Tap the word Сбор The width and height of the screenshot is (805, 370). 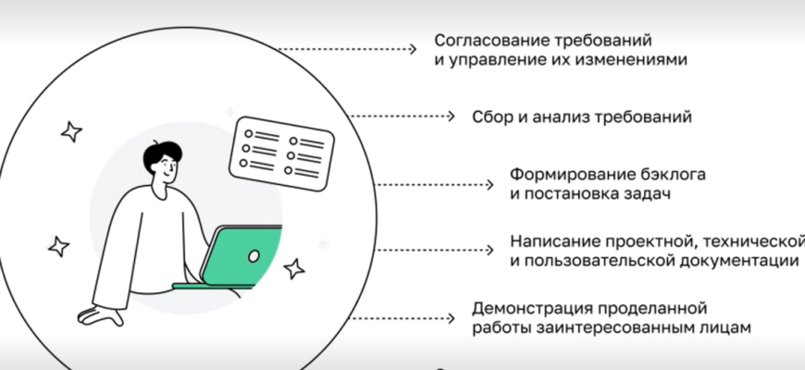490,117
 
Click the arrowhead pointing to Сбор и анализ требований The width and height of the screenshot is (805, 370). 451,117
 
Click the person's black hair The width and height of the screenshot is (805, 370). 163,153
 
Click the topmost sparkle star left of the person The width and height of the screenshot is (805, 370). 71,131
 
